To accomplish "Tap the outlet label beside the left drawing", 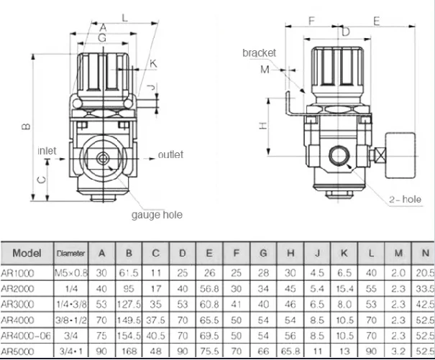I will [170, 154].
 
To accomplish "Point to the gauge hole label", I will [157, 214].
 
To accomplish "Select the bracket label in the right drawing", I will [260, 53].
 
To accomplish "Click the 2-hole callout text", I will [403, 198].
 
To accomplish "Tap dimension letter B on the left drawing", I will [25, 127].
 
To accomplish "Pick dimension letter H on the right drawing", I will [264, 126].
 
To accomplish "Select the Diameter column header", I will [71, 254].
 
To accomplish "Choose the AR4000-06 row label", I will [26, 336].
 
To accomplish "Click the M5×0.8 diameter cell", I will [71, 273].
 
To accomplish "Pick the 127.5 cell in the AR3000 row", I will [129, 304].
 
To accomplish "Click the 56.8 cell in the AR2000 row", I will [209, 289].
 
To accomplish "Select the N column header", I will [425, 253].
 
